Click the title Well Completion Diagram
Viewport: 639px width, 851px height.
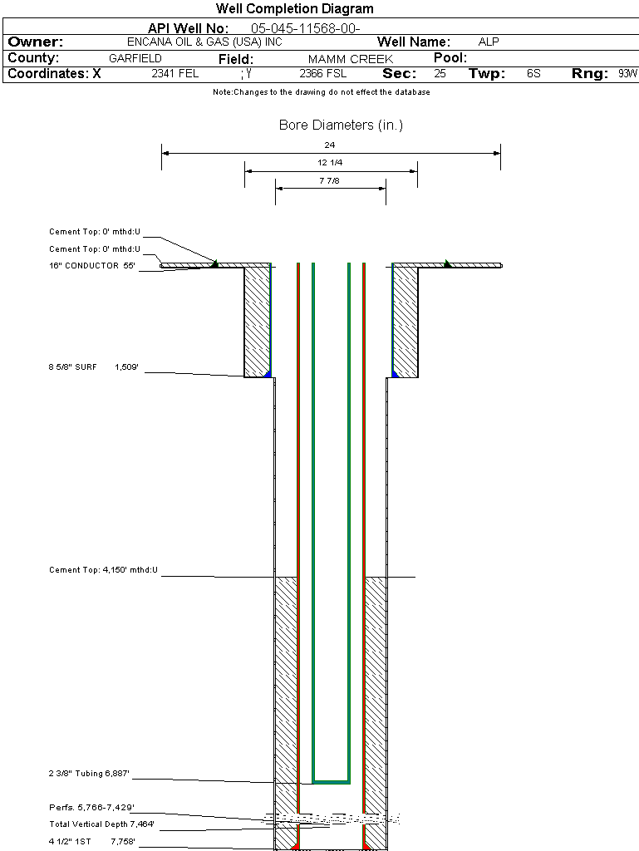tap(295, 9)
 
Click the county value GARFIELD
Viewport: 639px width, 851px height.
tap(135, 58)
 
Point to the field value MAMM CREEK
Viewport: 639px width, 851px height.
tap(350, 59)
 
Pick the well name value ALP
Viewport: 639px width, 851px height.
tap(489, 42)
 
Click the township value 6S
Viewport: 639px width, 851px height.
tap(533, 74)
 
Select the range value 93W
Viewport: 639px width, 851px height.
tap(627, 74)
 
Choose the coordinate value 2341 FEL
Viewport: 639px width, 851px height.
tap(174, 74)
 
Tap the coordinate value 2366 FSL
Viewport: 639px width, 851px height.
tap(323, 74)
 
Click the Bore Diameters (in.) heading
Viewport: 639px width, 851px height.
tap(341, 125)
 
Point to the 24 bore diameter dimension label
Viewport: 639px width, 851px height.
tap(330, 145)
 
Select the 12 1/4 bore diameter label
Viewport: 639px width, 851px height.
tap(330, 162)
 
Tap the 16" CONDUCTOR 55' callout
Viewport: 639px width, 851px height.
tap(92, 266)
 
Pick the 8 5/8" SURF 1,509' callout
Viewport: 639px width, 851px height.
tap(92, 366)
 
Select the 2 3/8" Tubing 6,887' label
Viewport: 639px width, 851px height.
tap(89, 774)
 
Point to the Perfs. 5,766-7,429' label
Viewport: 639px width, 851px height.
tap(91, 807)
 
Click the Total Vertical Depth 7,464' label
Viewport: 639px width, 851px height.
tap(101, 824)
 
